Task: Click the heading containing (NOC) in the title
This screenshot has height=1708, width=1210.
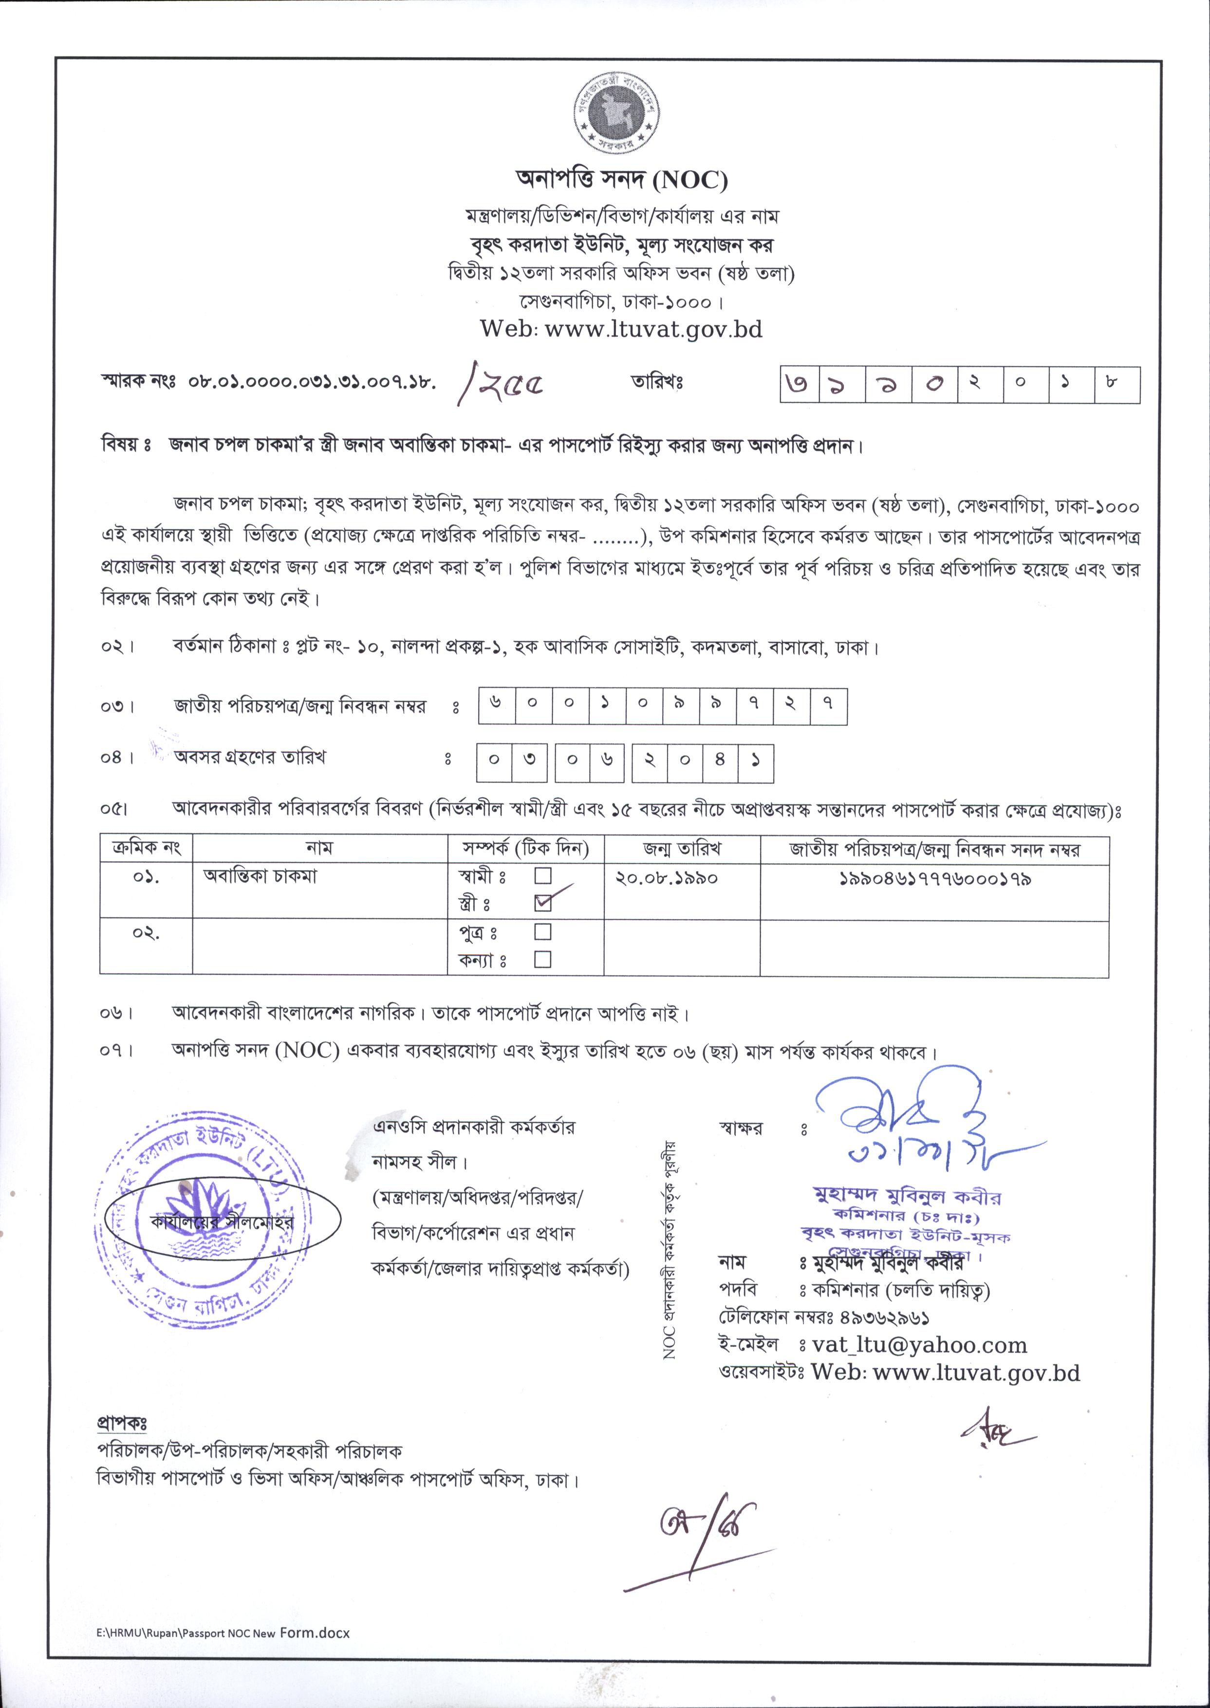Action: (621, 180)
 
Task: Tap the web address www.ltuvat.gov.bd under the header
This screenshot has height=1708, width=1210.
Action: (621, 329)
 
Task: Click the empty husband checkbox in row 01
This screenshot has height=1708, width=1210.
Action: (543, 874)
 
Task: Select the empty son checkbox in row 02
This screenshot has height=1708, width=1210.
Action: (543, 932)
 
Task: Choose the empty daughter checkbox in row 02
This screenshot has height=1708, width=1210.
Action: (543, 959)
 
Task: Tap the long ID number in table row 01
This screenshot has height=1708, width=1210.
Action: (934, 878)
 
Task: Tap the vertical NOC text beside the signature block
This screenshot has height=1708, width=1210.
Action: (670, 1259)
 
